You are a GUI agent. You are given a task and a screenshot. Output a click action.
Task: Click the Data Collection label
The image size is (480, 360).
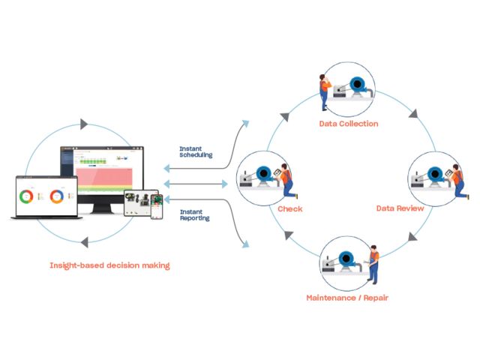348,124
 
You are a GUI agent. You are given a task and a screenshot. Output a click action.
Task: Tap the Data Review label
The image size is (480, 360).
400,208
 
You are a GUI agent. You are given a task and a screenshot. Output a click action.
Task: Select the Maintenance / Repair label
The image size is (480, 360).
347,298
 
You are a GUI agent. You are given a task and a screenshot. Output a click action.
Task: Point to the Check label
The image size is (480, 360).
289,208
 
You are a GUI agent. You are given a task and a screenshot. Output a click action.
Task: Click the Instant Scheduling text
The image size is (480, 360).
196,151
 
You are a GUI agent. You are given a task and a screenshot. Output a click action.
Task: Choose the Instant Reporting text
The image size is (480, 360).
196,214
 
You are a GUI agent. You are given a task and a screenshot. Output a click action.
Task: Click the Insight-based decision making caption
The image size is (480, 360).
109,265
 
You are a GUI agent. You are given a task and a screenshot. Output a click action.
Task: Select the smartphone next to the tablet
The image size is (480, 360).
157,206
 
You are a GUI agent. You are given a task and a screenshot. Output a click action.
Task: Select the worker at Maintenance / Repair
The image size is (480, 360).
373,265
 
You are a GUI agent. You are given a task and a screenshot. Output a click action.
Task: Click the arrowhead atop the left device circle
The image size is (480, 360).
83,122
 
